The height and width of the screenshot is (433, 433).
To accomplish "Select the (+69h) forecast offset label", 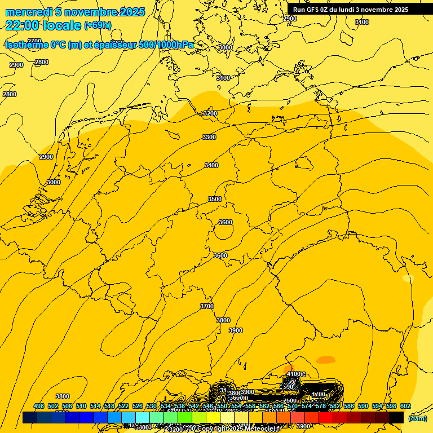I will click(98, 25).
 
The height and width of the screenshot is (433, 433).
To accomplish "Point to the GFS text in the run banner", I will click(314, 10).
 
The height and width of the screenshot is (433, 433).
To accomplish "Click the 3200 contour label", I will click(210, 113).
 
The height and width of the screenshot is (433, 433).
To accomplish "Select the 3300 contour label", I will click(209, 137).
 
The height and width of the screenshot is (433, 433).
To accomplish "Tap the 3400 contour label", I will click(211, 165).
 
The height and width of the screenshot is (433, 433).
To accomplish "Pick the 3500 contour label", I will click(215, 199).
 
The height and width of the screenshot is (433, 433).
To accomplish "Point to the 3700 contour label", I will click(207, 306).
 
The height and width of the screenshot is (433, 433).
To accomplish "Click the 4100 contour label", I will click(294, 374).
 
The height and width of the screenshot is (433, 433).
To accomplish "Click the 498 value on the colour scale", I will click(39, 406).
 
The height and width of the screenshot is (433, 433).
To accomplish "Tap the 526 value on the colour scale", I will click(138, 406).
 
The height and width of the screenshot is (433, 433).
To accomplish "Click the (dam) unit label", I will click(417, 418).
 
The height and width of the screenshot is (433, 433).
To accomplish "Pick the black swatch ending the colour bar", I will click(396, 417).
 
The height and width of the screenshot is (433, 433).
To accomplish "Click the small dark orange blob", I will click(325, 359).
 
